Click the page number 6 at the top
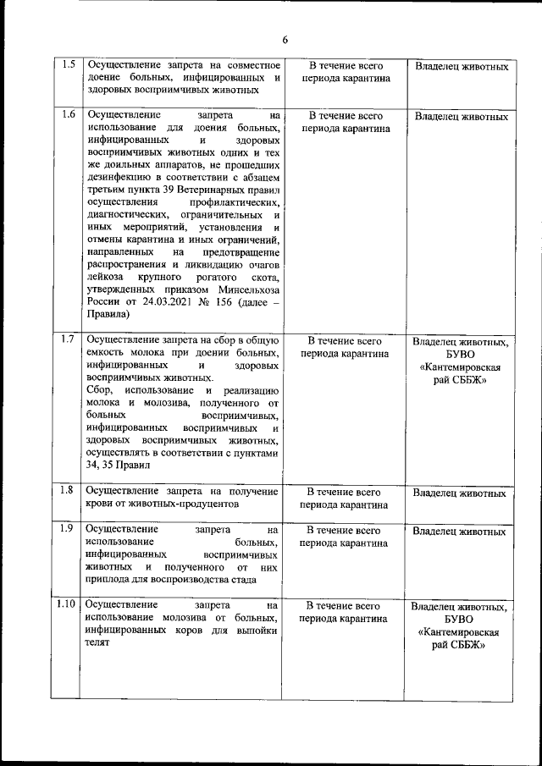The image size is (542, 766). tap(285, 39)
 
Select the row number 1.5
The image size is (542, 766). tap(69, 65)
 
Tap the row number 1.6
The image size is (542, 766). tap(69, 116)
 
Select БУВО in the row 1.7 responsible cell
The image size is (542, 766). tap(461, 355)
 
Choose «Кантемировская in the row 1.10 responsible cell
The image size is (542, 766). tap(461, 632)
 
